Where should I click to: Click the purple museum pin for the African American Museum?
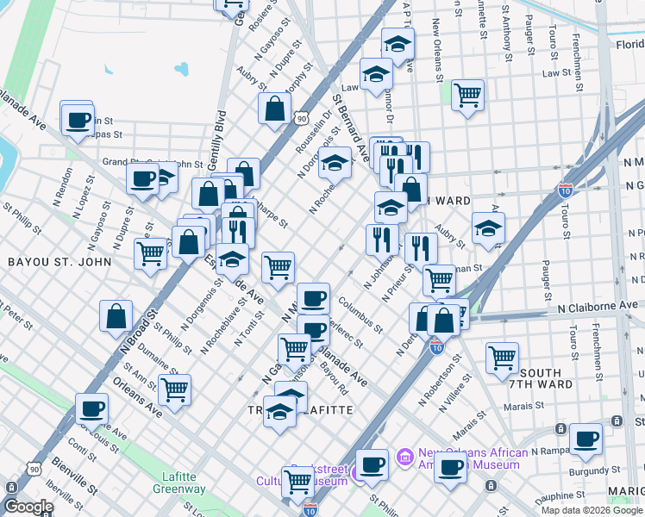[403, 455]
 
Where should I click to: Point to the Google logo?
[28, 507]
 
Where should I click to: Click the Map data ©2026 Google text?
[592, 510]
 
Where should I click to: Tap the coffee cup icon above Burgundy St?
[586, 438]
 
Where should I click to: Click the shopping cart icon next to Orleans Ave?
[175, 389]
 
